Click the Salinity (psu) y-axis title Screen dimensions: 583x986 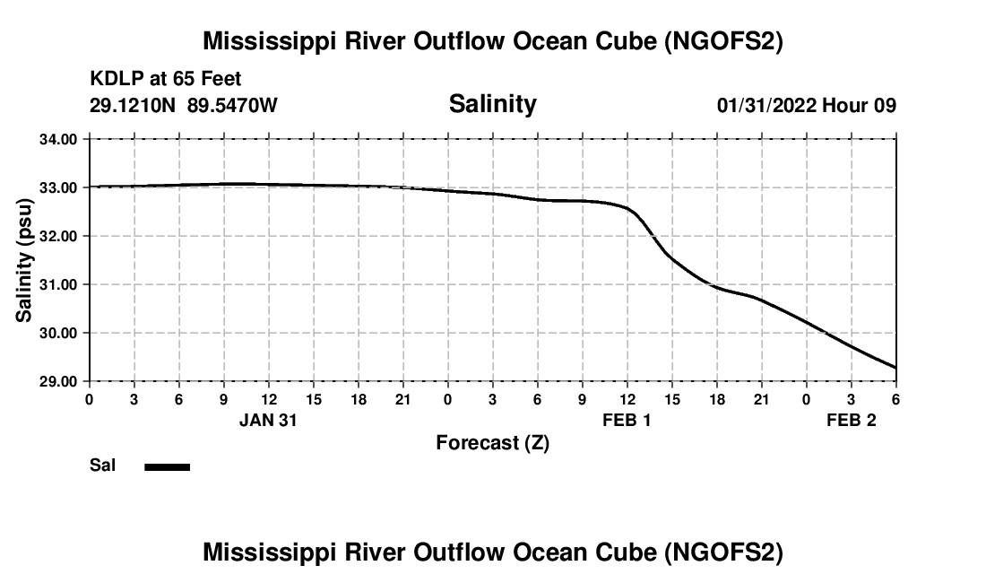[x=25, y=260]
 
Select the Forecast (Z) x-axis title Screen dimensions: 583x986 [x=492, y=442]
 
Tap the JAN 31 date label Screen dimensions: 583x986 [x=268, y=420]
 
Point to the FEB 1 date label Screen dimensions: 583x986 [x=627, y=420]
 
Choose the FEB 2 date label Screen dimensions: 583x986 [x=851, y=420]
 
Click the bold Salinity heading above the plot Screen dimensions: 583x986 [x=492, y=104]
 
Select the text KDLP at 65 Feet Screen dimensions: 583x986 [x=165, y=80]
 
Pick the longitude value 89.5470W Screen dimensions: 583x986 [x=232, y=106]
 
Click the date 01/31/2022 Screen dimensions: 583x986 [x=766, y=106]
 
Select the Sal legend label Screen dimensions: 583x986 [x=102, y=466]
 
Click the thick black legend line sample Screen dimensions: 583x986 [x=168, y=466]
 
